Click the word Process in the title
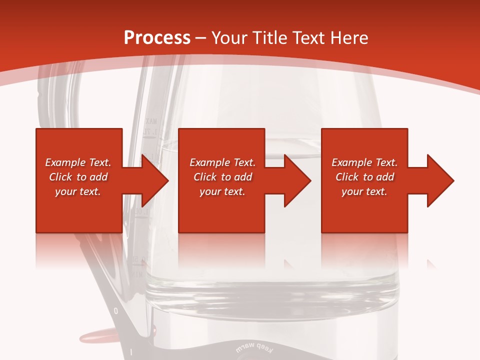157,38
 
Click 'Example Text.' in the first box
78,162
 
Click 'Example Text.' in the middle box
222,162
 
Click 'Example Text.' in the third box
364,162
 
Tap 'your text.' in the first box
78,191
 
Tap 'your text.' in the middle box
222,191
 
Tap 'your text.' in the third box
364,191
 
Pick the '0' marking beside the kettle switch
116,311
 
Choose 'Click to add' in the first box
78,177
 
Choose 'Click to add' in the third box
364,177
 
